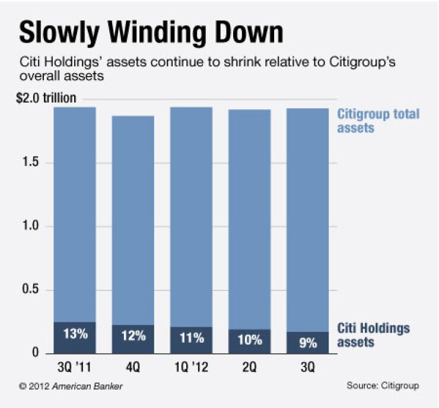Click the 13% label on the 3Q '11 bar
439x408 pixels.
(75, 334)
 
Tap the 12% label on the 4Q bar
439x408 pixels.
(133, 336)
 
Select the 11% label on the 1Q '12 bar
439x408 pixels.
(192, 338)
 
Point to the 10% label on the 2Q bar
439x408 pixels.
(249, 340)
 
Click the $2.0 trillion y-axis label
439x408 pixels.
(46, 98)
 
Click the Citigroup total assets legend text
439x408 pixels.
(378, 120)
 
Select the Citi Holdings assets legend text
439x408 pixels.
(373, 335)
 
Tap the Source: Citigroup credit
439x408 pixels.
(383, 385)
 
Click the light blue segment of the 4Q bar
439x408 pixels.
(133, 220)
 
